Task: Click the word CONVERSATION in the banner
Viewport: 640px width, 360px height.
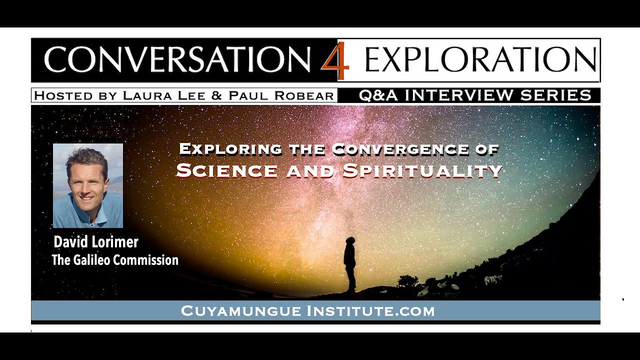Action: tap(177, 60)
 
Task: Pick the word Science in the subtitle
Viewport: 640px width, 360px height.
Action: tap(226, 170)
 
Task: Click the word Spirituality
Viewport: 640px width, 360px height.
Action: tap(422, 170)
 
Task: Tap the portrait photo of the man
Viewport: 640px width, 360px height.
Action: tap(88, 185)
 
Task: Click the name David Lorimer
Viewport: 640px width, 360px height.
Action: tap(96, 242)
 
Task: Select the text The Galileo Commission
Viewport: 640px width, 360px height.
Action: tap(115, 260)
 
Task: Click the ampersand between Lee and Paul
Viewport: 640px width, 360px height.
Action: tap(216, 96)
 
